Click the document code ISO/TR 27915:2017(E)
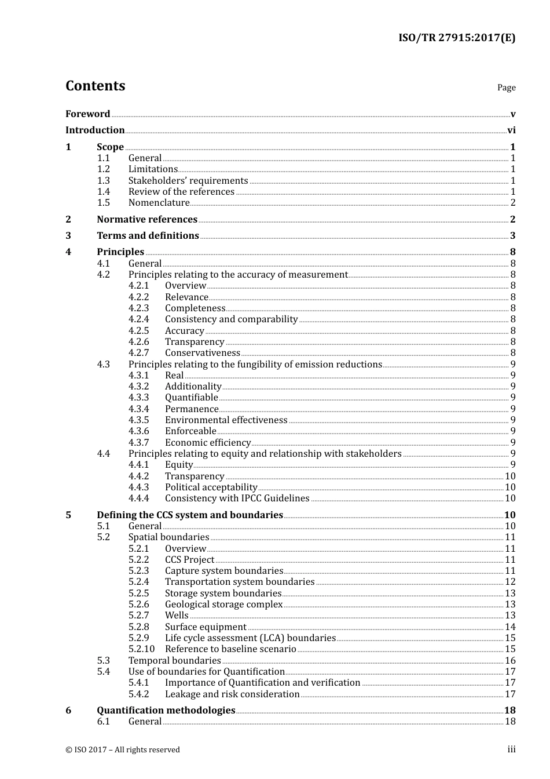coord(456,38)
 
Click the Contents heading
coord(95,86)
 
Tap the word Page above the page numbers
coord(506,88)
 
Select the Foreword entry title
coord(87,114)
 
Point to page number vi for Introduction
coord(511,130)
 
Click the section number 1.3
coord(103,181)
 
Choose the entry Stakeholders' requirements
coord(188,181)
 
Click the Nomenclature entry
coord(159,203)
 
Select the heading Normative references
coord(147,220)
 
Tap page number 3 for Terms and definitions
coord(512,236)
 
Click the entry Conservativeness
coord(202,353)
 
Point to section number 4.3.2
coord(138,387)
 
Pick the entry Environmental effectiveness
coord(226,420)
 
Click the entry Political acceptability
coord(211,487)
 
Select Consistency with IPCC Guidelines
coord(237,498)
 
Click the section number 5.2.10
coord(141,649)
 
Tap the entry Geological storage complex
coord(223,605)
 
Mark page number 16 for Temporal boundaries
coord(510,661)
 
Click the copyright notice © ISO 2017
coord(122,750)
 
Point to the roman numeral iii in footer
coord(511,749)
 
